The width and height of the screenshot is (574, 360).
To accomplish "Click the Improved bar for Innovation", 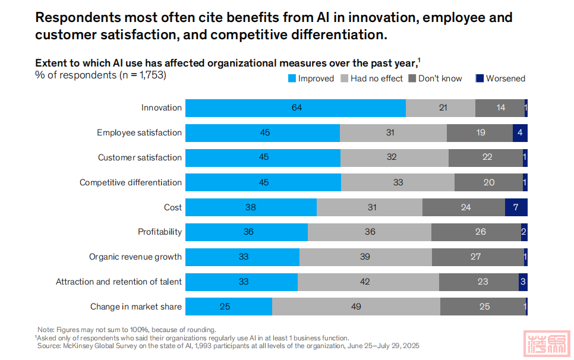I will point(295,108).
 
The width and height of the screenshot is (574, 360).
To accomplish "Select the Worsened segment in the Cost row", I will point(516,207).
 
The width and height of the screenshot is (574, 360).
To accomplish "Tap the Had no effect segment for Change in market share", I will point(356,307).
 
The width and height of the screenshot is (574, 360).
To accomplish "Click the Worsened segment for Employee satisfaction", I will point(520,132).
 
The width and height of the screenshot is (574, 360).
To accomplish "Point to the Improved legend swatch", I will point(292,78).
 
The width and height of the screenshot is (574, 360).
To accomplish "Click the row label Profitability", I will point(160,232).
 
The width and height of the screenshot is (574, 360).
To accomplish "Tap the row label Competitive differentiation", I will point(131,182).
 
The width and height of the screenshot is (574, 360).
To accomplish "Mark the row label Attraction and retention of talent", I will point(119,282).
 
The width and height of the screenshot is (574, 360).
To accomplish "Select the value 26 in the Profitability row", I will point(480,232).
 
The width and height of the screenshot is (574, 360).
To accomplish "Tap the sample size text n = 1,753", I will point(141,75).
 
